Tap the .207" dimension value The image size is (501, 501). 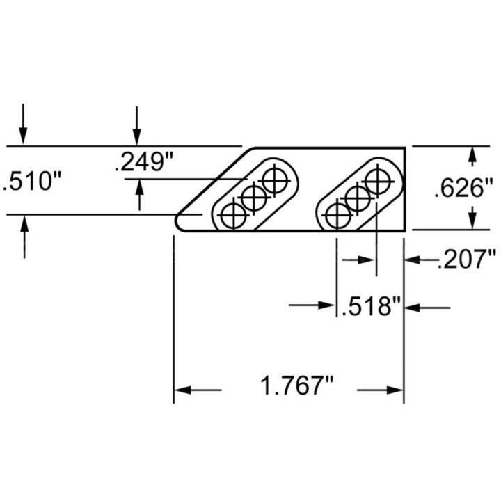(465, 260)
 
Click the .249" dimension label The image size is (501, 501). (144, 163)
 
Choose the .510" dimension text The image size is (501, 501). (32, 182)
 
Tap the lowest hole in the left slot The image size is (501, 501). (232, 216)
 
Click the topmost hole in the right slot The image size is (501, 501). (377, 182)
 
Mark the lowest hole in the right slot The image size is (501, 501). (337, 216)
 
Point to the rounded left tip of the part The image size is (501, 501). (177, 222)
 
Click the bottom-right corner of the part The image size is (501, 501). (405, 230)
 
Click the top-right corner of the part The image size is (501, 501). (405, 148)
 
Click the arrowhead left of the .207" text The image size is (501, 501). (411, 260)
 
